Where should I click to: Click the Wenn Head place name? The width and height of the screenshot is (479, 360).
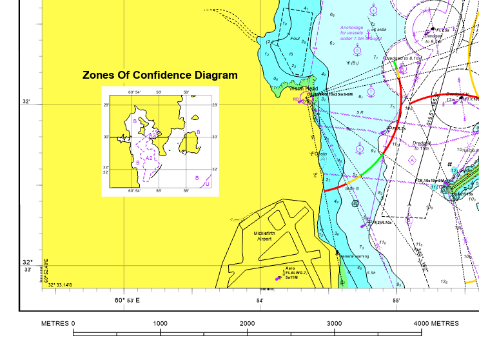point(301,89)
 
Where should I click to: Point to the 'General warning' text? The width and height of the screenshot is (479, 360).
point(355,257)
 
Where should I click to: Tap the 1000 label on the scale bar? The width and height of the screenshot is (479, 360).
point(160,323)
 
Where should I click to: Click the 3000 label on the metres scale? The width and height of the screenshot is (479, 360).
point(334,323)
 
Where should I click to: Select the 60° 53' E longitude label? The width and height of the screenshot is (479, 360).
point(127,301)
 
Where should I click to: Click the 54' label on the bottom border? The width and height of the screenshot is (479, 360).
point(259,301)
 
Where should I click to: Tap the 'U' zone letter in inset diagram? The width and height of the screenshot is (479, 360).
point(207,184)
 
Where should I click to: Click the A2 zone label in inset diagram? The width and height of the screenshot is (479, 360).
point(148,158)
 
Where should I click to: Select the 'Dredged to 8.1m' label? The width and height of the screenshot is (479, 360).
point(402,58)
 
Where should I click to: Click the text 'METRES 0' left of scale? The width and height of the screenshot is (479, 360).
point(58,323)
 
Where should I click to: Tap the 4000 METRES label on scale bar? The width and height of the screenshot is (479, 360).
point(436,323)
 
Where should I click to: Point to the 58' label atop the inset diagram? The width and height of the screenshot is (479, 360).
point(186,93)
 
